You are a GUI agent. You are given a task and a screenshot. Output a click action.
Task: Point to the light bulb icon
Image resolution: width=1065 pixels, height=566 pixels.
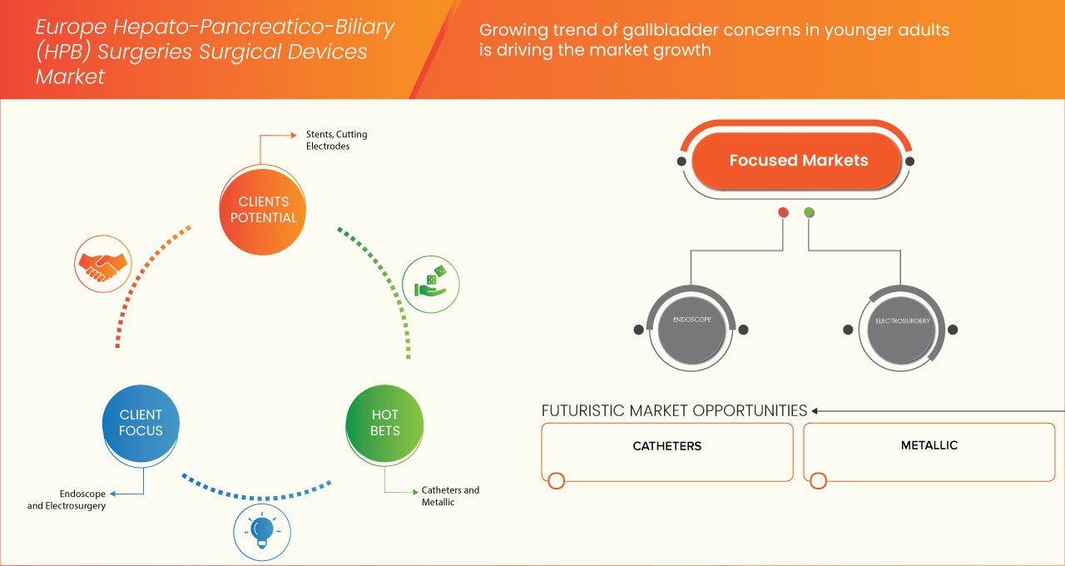click(x=262, y=530)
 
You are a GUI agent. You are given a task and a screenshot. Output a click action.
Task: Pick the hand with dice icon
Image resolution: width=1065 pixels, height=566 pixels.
click(x=430, y=282)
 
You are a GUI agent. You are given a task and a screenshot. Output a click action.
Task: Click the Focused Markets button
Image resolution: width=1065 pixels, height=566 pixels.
click(x=798, y=161)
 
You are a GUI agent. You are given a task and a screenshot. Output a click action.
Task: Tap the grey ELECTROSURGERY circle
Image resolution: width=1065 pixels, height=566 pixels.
click(x=902, y=327)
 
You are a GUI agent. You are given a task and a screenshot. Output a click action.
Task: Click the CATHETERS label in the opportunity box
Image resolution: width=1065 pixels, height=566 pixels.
click(x=667, y=446)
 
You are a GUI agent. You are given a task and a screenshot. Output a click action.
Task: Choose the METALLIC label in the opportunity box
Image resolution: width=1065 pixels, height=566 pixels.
click(x=929, y=445)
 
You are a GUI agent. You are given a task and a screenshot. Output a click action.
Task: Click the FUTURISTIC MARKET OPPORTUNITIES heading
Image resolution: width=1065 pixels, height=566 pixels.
click(x=674, y=410)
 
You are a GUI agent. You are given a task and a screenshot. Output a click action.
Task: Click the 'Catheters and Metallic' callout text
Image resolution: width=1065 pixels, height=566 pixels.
click(x=450, y=496)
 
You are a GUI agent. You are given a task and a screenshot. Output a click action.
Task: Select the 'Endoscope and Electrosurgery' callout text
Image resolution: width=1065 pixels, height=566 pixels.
click(x=67, y=499)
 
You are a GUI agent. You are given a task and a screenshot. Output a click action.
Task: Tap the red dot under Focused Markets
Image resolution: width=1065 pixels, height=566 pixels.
click(x=783, y=212)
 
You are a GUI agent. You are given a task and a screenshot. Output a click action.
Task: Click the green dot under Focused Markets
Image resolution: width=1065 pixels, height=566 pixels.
click(x=810, y=212)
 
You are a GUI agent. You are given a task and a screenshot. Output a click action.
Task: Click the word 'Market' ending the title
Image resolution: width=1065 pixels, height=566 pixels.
click(x=70, y=77)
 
